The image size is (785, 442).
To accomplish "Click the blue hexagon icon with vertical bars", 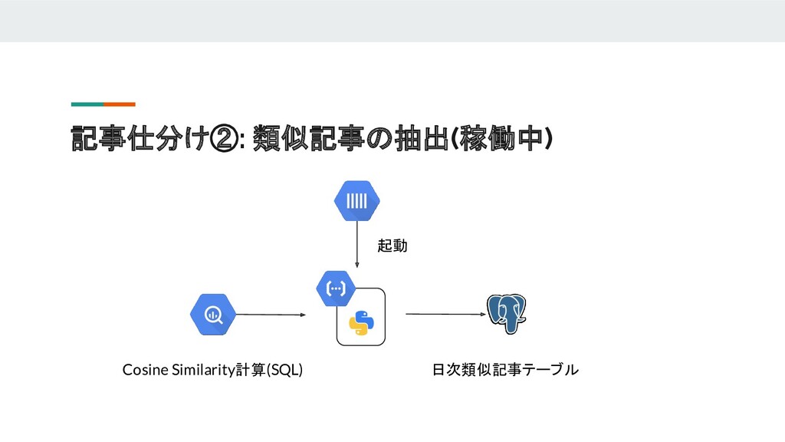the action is click(357, 200).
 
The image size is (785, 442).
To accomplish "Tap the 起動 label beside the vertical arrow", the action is click(392, 246).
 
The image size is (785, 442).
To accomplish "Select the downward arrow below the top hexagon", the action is click(357, 245).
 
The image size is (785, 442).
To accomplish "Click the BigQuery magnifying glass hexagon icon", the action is click(212, 315).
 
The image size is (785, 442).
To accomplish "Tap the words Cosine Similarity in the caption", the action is click(179, 371).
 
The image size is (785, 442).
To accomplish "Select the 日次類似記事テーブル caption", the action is click(505, 371).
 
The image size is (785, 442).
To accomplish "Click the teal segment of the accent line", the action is click(87, 104).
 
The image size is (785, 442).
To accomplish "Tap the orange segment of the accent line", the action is click(120, 104).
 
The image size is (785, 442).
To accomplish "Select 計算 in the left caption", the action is click(251, 371).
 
